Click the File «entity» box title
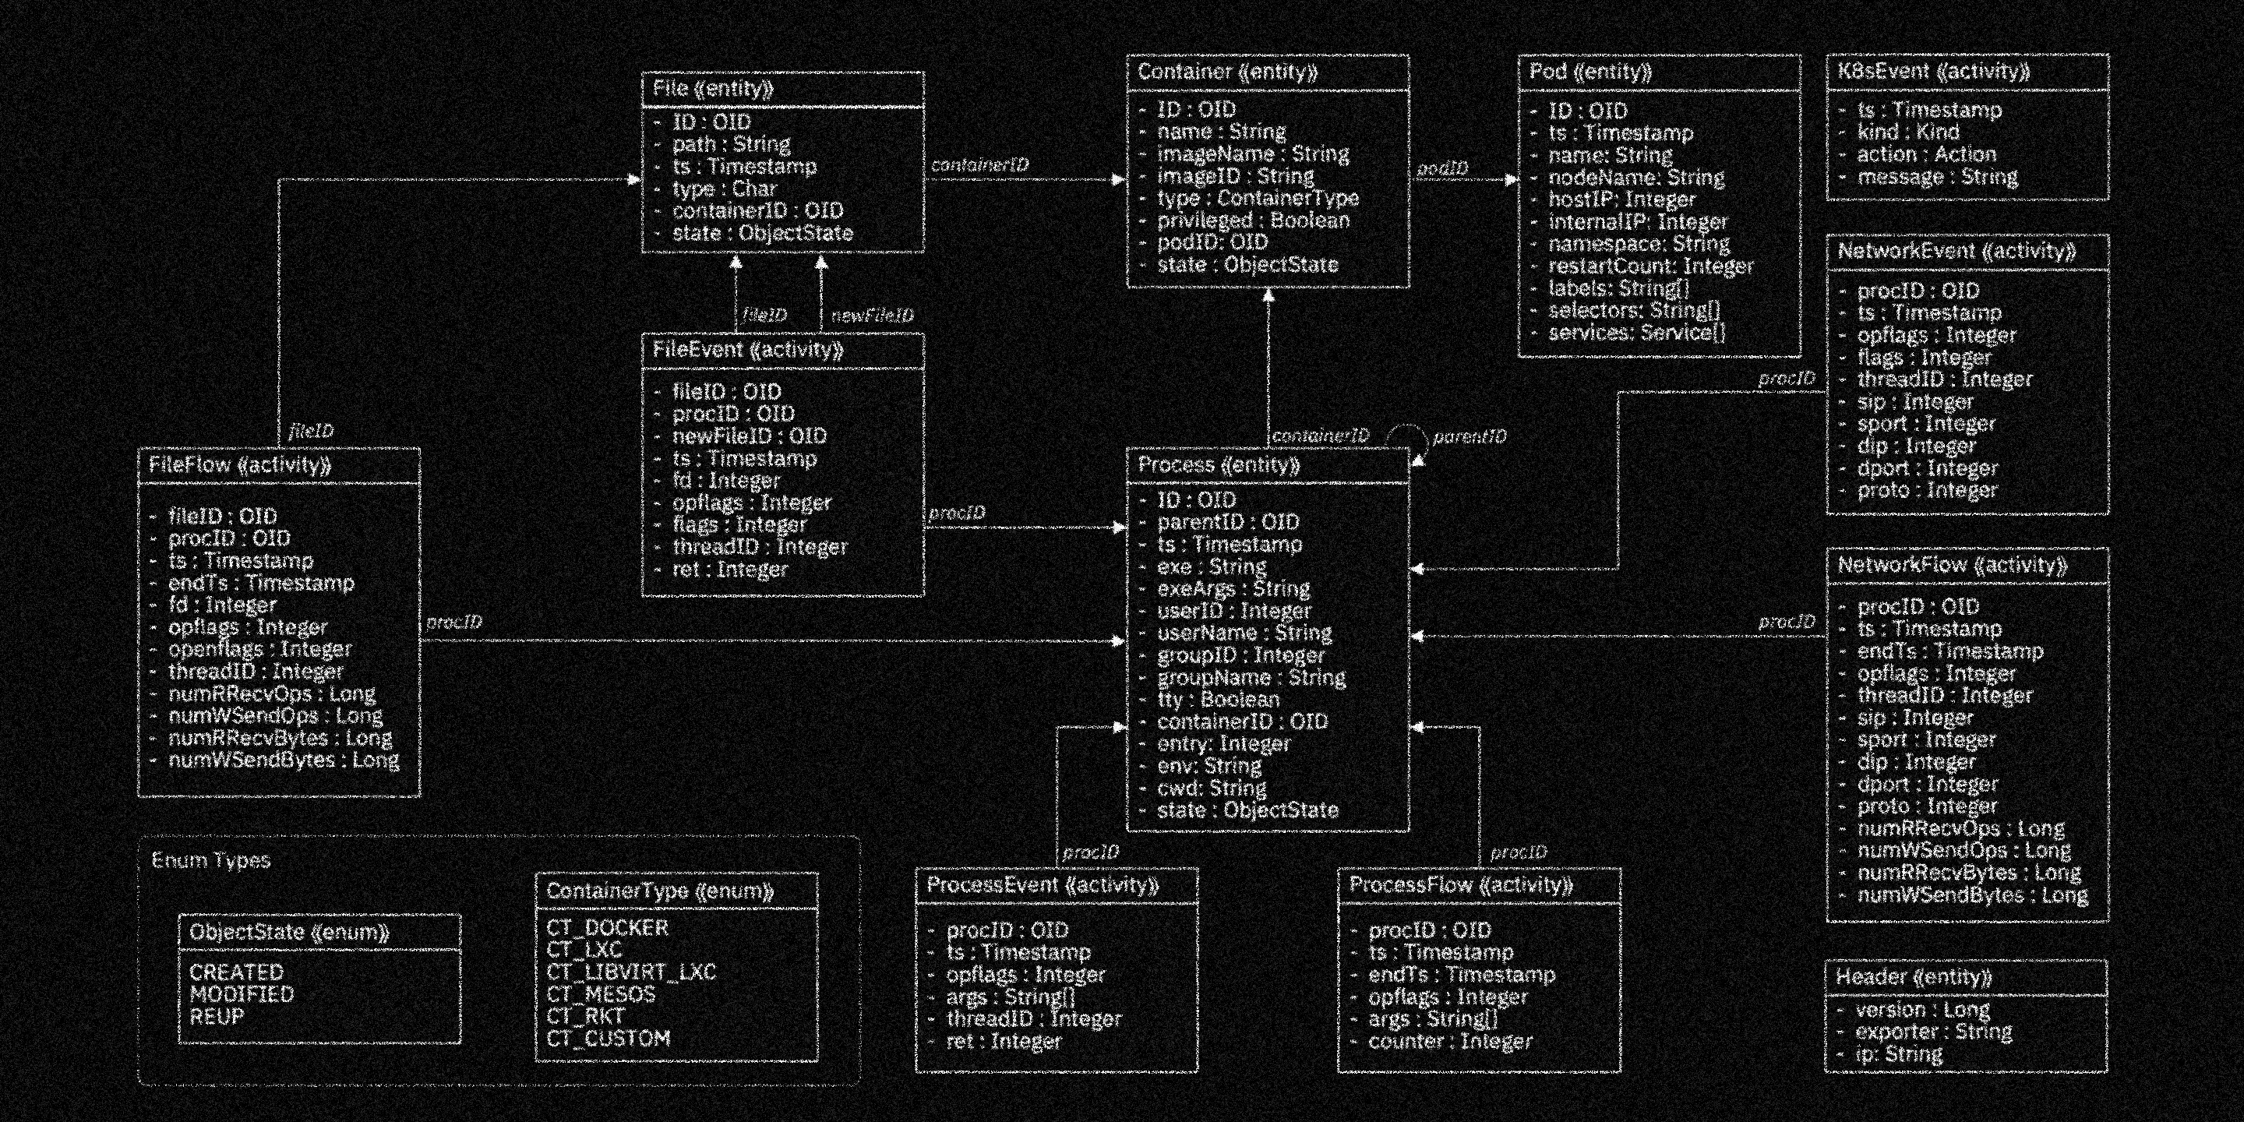(713, 89)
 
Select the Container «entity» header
(1226, 72)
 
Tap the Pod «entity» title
(1589, 72)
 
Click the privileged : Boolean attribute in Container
(1253, 221)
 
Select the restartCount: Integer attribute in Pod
(1650, 266)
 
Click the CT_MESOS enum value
(600, 995)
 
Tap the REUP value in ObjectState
(217, 1017)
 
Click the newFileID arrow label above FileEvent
(872, 316)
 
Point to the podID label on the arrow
(1441, 168)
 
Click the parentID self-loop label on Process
(1469, 436)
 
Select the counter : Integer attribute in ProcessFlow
(1449, 1042)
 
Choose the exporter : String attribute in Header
(1933, 1032)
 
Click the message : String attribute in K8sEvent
(1936, 178)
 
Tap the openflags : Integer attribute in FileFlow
(259, 650)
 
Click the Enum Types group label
(211, 861)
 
